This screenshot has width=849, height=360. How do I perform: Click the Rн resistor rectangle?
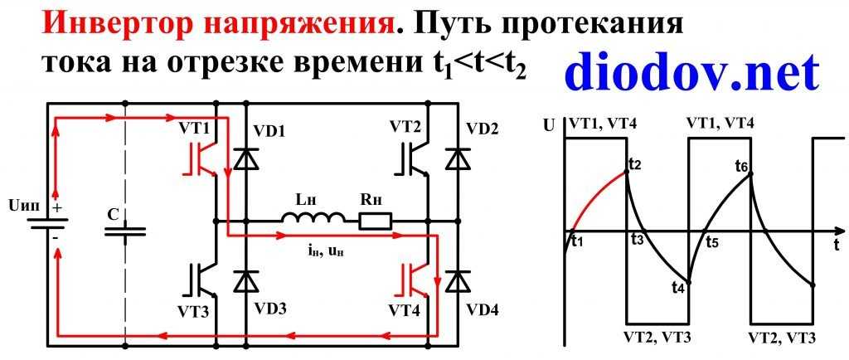tap(375, 221)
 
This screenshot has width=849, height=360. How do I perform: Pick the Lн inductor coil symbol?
tap(313, 219)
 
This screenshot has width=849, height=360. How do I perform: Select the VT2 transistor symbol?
tap(411, 158)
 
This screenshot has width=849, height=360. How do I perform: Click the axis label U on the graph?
tap(547, 127)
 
